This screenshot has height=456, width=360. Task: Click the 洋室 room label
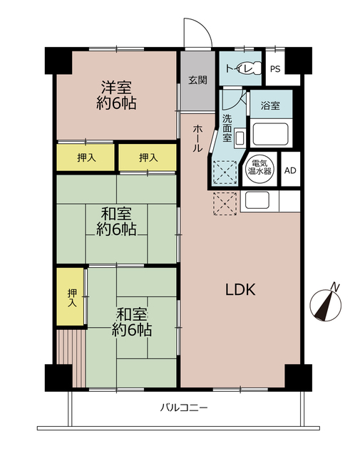tap(118, 88)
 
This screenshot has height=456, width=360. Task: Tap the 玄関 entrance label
tap(197, 80)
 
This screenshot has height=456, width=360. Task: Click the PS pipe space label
tap(275, 69)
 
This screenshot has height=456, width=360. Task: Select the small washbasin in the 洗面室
tap(240, 137)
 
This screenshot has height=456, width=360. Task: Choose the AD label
tap(290, 171)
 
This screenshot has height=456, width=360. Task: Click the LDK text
tap(241, 289)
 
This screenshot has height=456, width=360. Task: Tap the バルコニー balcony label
tap(183, 408)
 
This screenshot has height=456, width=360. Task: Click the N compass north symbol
tap(327, 302)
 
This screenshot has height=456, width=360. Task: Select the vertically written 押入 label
tap(71, 297)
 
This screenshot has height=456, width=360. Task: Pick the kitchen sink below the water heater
tap(258, 200)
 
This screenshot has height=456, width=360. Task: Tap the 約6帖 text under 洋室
tap(118, 104)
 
